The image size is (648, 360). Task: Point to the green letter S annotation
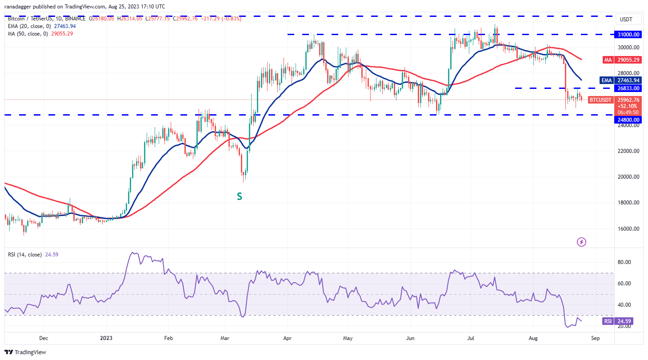[239, 196]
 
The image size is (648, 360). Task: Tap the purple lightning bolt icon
[581, 242]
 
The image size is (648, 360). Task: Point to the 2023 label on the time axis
[106, 338]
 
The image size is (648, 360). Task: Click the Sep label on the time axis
[596, 338]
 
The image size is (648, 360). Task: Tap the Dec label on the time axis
[43, 338]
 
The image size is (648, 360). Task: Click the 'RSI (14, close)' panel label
[25, 255]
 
